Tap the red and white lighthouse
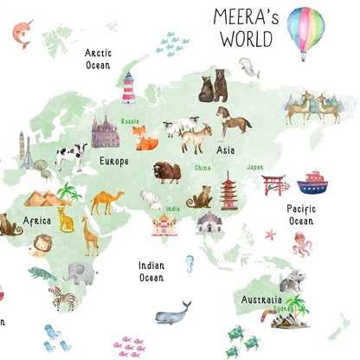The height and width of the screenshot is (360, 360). click(129, 87)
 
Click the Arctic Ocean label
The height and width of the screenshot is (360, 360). click(98, 59)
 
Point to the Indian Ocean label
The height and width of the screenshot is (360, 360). click(151, 272)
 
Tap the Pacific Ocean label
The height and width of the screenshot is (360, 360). click(300, 215)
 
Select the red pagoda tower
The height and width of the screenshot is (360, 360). click(229, 190)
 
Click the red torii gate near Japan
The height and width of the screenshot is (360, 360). click(273, 184)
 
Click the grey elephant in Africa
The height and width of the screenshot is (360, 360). click(80, 273)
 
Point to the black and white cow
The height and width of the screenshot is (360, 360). click(70, 156)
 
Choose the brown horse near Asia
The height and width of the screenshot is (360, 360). click(234, 122)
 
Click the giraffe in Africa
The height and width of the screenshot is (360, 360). click(89, 235)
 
